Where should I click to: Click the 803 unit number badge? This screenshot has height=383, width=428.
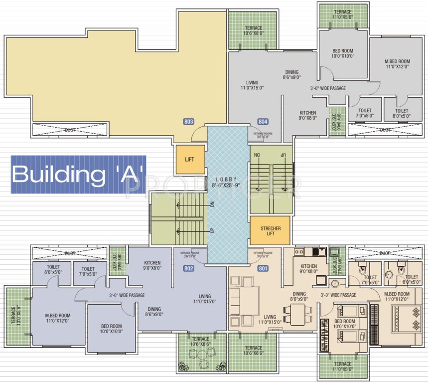(x=188, y=121)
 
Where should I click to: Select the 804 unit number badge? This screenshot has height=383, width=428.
(x=263, y=121)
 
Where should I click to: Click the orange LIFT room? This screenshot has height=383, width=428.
(x=190, y=160)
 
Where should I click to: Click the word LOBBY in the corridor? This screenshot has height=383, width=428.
(x=227, y=180)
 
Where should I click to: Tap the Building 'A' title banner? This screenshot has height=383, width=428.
(x=78, y=175)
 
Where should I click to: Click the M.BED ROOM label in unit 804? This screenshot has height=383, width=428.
(x=397, y=63)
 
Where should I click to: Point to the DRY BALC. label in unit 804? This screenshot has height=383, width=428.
(x=334, y=120)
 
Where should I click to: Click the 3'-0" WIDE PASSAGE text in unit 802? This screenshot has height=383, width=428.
(x=127, y=295)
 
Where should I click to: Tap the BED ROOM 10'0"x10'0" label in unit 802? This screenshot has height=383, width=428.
(x=110, y=328)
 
